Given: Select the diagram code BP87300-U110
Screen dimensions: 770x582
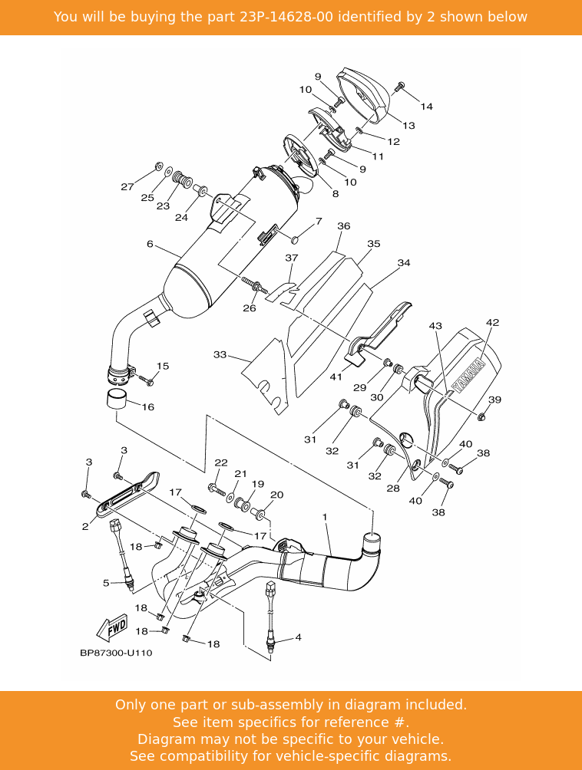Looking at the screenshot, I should [x=116, y=653].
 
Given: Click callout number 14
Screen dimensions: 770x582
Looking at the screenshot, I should [x=426, y=107].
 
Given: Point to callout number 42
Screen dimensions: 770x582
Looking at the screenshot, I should [x=492, y=323].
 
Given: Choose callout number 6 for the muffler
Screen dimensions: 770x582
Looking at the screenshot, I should [x=150, y=245].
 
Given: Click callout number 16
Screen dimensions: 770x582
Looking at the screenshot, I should [x=147, y=407].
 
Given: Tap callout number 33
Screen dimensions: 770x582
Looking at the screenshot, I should [x=220, y=355].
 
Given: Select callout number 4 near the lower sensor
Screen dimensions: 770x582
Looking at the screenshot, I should [x=298, y=637].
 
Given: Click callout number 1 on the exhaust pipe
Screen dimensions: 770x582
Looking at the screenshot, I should [x=325, y=518].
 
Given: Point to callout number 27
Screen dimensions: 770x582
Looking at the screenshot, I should [x=127, y=187].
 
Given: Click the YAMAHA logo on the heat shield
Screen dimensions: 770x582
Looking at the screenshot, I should [x=468, y=375].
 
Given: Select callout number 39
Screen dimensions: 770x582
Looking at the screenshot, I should [x=495, y=400].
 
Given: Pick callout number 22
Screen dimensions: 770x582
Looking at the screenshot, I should [x=221, y=463].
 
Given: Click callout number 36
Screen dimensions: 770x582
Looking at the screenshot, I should [x=343, y=226].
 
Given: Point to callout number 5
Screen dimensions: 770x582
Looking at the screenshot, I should [x=106, y=584].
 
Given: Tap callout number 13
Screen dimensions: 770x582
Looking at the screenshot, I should [x=408, y=126].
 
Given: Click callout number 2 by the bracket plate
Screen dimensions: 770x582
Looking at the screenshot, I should [x=86, y=527].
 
